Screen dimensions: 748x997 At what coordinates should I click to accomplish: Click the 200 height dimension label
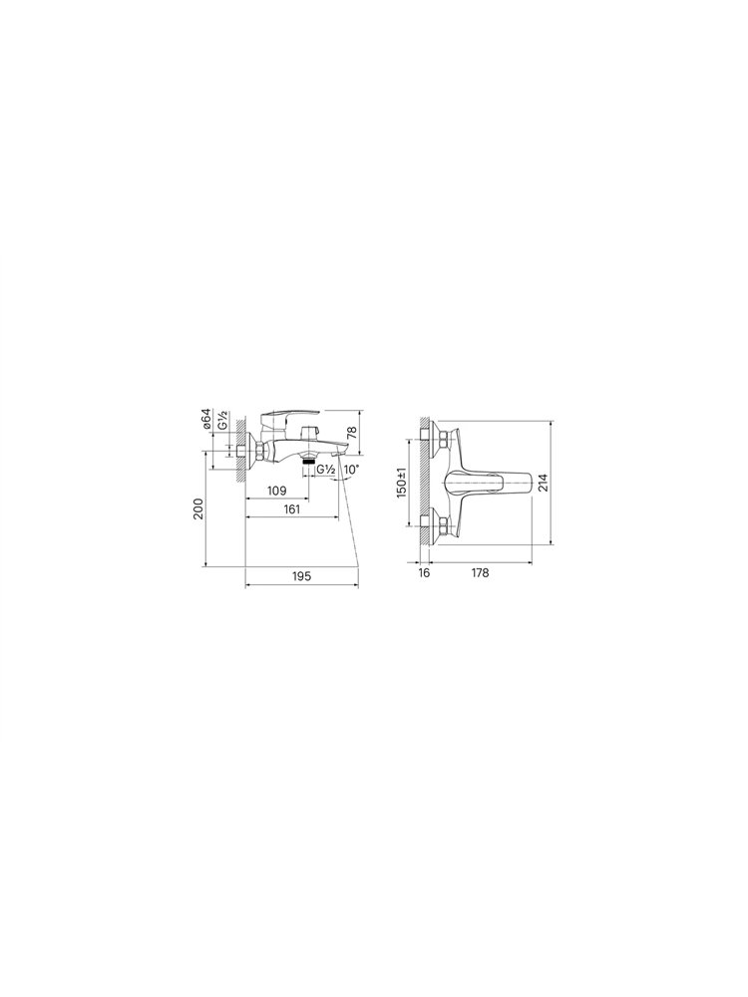pos(198,509)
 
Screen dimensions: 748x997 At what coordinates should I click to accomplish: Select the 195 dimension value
pos(302,576)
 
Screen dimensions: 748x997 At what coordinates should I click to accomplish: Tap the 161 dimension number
pos(292,509)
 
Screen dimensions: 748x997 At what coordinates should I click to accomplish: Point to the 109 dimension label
pos(277,491)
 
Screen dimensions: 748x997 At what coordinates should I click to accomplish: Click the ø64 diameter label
pos(206,421)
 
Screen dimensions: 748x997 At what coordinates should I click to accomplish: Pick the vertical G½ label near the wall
pos(222,422)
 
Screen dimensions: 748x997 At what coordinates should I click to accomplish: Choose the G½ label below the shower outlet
pos(326,470)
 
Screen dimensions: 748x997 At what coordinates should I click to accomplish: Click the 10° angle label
pos(351,470)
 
